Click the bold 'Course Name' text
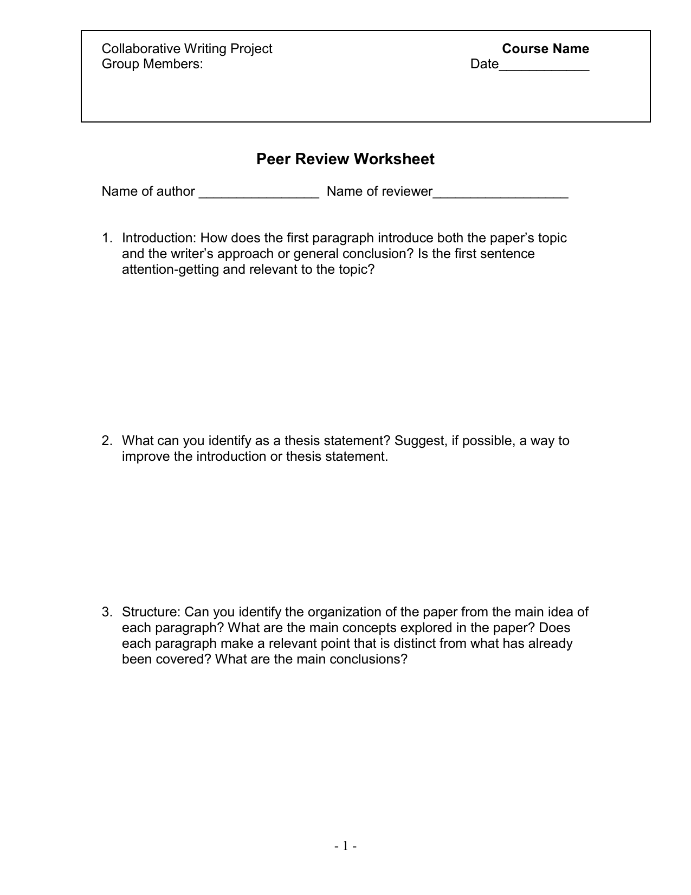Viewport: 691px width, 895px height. [545, 49]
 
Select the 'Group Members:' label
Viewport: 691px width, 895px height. [152, 65]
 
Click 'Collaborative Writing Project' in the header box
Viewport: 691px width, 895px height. [187, 49]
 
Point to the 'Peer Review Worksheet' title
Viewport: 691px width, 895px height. [345, 159]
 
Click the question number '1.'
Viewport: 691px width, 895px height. [107, 239]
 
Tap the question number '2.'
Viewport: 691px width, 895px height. [107, 441]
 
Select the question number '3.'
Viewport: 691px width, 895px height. [107, 612]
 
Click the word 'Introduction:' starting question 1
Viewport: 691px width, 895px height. [159, 239]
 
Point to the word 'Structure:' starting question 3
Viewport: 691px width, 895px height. [151, 612]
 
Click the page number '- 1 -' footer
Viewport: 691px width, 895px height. [345, 846]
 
